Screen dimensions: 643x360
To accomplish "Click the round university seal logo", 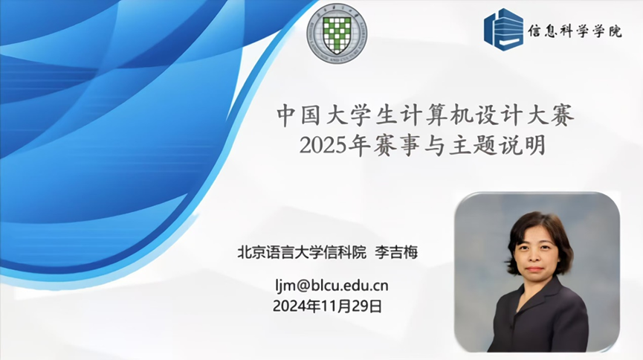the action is point(337,33).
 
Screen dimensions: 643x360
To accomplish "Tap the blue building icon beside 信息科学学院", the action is point(503,30).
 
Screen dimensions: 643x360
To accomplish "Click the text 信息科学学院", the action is point(575,30).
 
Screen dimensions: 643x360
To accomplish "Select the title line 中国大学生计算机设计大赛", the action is point(425,116).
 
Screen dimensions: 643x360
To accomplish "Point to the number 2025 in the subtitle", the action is point(323,145).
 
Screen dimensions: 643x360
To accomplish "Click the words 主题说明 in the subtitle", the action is point(497,145).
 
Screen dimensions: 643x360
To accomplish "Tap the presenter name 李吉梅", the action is point(396,252).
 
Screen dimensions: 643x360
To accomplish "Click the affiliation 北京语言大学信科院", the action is point(302,252).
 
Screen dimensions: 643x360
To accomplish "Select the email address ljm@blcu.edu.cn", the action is point(332,286).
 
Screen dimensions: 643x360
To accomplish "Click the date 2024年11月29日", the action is point(327,306).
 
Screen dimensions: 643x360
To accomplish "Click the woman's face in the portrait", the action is point(536,251).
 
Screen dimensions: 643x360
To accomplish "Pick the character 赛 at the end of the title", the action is point(563,116).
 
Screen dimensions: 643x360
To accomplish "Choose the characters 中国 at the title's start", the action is point(298,116).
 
